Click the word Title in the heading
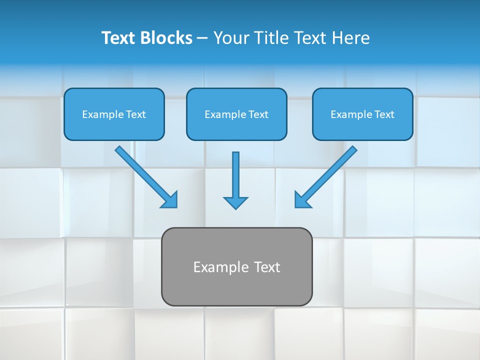click(269, 38)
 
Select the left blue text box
click(114, 114)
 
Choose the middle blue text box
click(236, 114)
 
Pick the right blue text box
click(362, 114)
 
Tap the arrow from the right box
click(327, 175)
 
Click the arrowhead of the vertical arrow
click(235, 202)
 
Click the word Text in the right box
click(384, 114)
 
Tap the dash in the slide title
click(202, 38)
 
